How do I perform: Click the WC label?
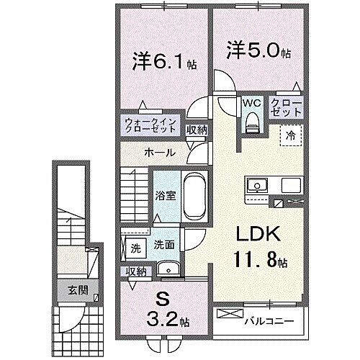pos(250,103)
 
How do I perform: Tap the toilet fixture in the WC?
pos(251,123)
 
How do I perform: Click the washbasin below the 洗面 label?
pos(168,269)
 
